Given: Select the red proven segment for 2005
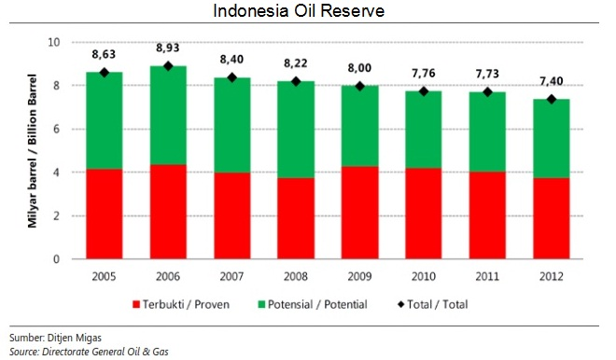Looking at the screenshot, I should click(105, 214).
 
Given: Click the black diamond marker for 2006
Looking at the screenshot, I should click(168, 66).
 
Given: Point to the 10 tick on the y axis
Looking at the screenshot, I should click(53, 43).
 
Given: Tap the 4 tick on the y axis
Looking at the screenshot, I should click(56, 173).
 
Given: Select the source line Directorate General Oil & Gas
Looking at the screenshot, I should click(78, 351).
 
